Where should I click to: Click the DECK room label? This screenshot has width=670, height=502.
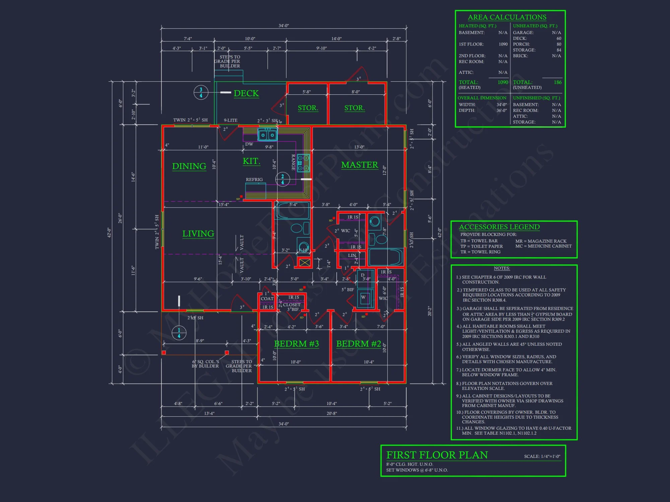tap(246, 93)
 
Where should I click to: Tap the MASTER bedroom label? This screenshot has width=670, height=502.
tap(359, 165)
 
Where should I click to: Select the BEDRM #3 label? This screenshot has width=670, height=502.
tap(296, 344)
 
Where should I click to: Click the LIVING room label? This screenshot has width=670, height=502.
tap(198, 234)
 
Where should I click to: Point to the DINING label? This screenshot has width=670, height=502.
tap(189, 166)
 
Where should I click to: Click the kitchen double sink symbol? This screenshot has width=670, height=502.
tap(267, 135)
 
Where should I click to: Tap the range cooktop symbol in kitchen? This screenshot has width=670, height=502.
tap(304, 163)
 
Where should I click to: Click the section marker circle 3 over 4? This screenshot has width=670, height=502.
tap(201, 92)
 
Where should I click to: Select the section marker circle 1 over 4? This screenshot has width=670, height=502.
tap(179, 333)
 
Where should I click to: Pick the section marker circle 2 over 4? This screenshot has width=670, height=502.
tap(282, 179)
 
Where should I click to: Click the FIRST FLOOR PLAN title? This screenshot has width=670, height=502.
tap(437, 455)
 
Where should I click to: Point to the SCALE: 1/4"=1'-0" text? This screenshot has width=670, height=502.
tap(542, 456)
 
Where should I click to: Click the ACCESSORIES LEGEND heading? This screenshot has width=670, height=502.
tap(499, 227)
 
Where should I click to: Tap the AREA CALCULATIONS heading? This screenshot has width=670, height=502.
tap(507, 17)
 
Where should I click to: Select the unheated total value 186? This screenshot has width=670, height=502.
tap(557, 82)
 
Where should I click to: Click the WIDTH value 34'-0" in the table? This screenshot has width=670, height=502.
tap(501, 105)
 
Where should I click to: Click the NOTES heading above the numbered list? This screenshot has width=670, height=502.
tap(501, 268)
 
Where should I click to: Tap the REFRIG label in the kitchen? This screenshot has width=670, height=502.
tap(254, 180)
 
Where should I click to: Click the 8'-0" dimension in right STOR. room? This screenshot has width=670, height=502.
tap(355, 92)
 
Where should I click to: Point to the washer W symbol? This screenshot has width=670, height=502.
tap(363, 297)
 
